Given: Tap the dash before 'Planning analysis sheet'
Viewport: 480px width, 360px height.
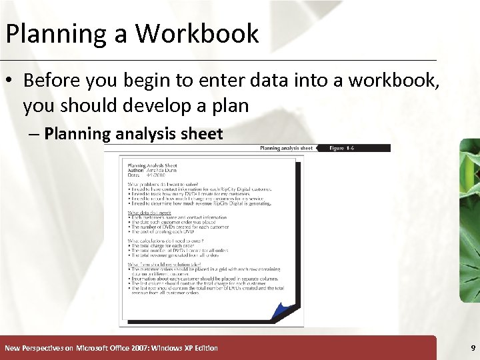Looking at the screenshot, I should point(35,134).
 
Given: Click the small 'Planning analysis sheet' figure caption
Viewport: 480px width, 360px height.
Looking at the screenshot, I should point(286,148).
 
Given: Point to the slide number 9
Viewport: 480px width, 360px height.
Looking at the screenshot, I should point(473,348).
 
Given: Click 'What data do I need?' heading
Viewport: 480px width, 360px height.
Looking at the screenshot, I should point(151,213).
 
